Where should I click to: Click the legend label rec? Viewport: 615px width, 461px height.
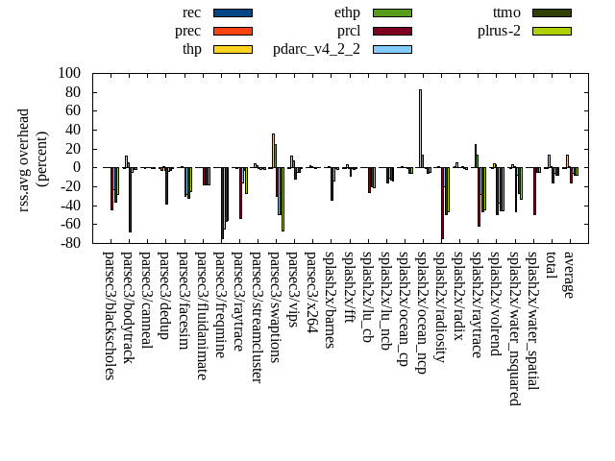191,12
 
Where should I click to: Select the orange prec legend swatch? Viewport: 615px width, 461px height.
233,31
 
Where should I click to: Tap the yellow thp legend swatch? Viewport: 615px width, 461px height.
233,49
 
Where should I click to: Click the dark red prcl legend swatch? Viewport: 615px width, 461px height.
392,31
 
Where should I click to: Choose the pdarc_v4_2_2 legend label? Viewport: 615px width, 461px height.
316,49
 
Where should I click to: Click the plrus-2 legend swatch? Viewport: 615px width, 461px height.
552,31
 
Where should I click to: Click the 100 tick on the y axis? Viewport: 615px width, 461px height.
68,73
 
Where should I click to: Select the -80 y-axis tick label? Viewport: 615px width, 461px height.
68,243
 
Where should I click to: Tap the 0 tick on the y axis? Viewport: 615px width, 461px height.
77,167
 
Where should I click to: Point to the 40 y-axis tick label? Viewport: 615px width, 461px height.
72,130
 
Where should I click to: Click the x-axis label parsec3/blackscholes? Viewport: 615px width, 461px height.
109,315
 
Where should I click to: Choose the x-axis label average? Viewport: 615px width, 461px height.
569,275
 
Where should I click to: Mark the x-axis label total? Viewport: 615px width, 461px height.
551,266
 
